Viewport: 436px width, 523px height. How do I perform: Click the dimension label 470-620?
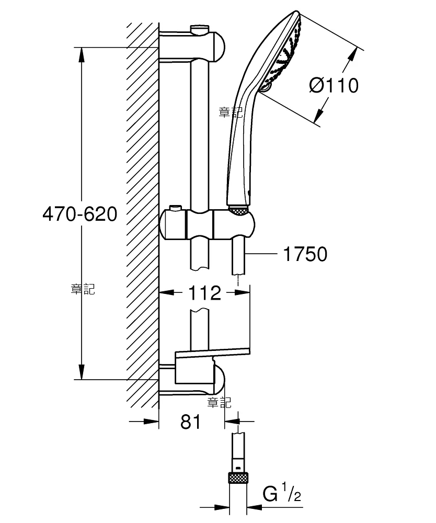[x=80, y=214]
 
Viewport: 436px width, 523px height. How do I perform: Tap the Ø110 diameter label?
[x=334, y=85]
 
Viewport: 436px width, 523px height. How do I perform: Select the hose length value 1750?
[x=305, y=254]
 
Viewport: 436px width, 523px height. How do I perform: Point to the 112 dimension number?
[x=204, y=292]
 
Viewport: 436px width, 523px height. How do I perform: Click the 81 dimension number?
[x=191, y=422]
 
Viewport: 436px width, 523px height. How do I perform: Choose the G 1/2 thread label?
[x=282, y=493]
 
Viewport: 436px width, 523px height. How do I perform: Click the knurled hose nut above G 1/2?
[x=239, y=477]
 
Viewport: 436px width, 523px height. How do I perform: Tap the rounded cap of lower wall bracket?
[x=219, y=379]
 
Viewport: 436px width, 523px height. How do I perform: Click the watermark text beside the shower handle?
[x=231, y=112]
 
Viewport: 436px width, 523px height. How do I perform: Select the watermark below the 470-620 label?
[x=83, y=289]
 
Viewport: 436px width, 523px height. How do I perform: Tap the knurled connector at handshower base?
[x=239, y=210]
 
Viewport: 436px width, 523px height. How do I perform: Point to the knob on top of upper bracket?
[x=199, y=29]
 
